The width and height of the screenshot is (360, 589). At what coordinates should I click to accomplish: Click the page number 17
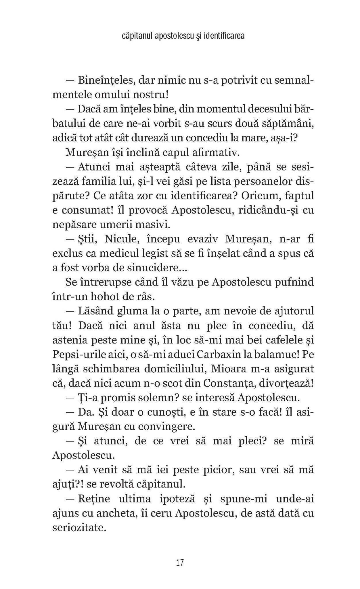pyautogui.click(x=180, y=563)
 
